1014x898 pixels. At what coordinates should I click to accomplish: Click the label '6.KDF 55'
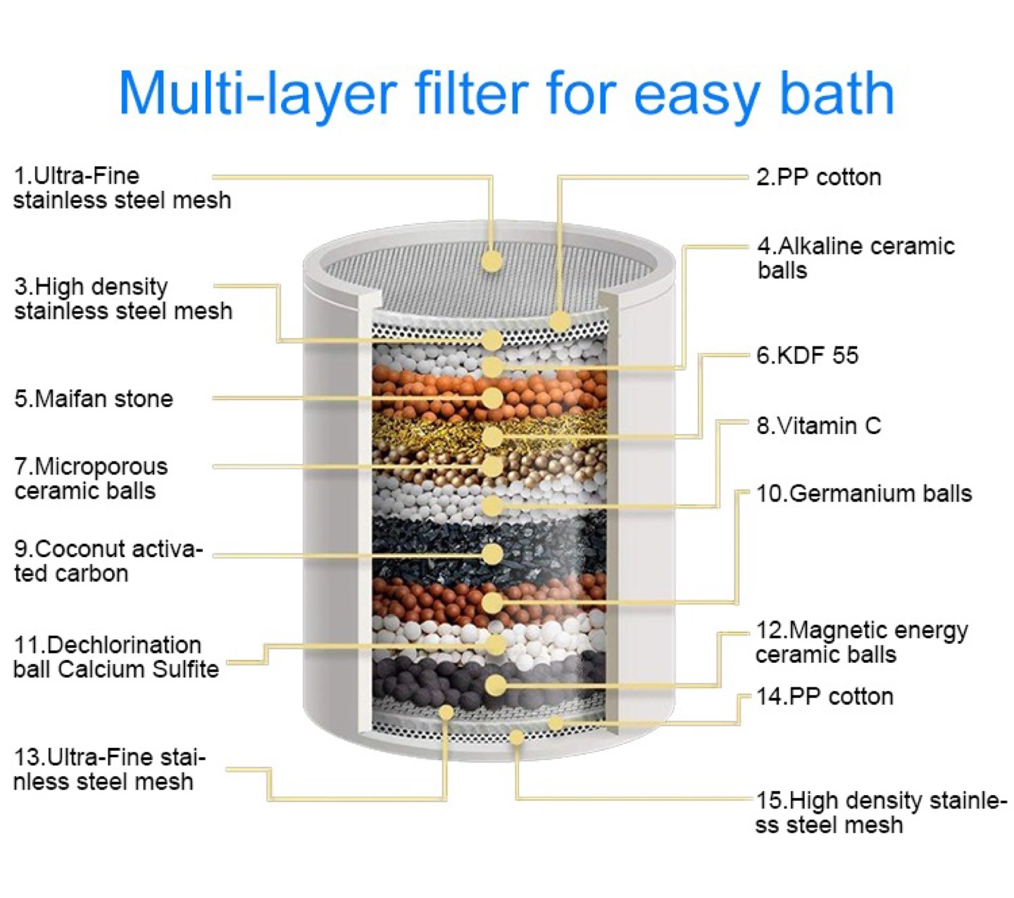(x=807, y=356)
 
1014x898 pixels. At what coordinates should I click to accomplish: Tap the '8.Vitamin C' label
(x=818, y=425)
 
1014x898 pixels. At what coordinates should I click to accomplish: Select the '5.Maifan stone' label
(x=94, y=399)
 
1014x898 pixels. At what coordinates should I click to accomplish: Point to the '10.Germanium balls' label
(x=864, y=494)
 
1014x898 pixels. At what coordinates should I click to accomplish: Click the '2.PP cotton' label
(x=818, y=177)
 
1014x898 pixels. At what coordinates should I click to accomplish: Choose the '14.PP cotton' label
(x=825, y=697)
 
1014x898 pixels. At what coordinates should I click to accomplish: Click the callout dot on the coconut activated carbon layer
(x=492, y=554)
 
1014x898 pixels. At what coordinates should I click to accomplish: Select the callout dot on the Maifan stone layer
(x=492, y=398)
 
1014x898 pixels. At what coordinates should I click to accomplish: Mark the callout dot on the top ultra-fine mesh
(x=492, y=261)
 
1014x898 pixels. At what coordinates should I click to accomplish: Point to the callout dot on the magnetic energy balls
(x=496, y=685)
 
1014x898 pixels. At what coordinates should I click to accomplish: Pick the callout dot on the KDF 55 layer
(x=492, y=437)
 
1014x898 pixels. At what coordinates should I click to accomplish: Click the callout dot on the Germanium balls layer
(x=492, y=603)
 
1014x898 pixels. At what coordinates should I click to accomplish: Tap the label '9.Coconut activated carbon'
(x=108, y=561)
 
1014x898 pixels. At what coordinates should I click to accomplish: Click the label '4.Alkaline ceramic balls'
(x=856, y=258)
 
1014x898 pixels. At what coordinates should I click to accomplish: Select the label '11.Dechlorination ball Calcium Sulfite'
(x=116, y=657)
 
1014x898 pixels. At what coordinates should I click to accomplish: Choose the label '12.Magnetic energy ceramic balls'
(x=862, y=643)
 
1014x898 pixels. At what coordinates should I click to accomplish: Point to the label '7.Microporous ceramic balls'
(x=91, y=478)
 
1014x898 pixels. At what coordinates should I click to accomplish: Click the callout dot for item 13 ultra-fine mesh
(x=446, y=712)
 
